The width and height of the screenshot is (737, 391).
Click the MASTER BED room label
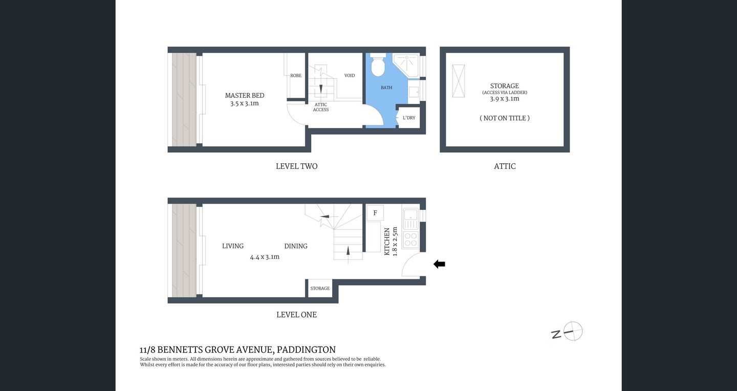(x=245, y=96)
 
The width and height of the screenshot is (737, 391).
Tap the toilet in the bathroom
(x=378, y=66)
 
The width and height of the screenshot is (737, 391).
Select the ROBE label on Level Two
(x=296, y=76)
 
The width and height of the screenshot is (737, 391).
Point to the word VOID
(x=350, y=76)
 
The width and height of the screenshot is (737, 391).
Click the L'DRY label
(x=409, y=118)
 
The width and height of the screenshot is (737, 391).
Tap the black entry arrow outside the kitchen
(x=439, y=264)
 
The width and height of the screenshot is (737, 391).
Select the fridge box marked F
(x=375, y=213)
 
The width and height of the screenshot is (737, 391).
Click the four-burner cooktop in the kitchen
(x=410, y=240)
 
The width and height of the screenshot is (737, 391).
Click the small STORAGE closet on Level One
(x=320, y=289)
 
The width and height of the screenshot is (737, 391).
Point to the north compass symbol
(x=572, y=332)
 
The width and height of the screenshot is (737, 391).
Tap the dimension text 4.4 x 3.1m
(x=265, y=257)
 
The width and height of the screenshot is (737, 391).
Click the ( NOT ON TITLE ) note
(x=505, y=118)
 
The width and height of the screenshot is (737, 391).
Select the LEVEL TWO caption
(x=296, y=166)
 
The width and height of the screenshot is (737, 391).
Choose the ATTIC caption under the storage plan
(x=505, y=166)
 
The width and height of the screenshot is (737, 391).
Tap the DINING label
(x=296, y=246)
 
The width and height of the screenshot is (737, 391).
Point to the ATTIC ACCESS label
(x=321, y=107)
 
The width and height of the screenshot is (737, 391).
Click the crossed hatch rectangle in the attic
(x=459, y=81)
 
